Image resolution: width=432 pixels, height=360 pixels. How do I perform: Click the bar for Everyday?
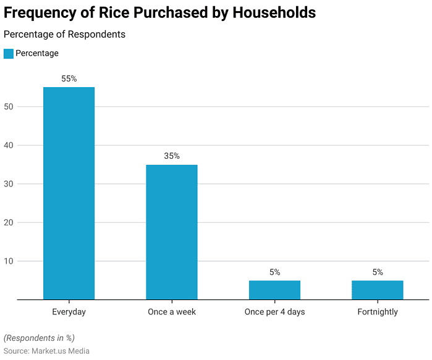tap(69, 193)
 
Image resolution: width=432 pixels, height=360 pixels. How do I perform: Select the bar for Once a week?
tap(172, 232)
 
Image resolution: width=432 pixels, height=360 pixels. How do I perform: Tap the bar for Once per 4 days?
tap(274, 290)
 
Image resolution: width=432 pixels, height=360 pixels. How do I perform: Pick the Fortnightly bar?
tap(378, 290)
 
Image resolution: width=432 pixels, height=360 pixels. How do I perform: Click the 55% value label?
tap(69, 79)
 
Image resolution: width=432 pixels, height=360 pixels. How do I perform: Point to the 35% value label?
tap(172, 156)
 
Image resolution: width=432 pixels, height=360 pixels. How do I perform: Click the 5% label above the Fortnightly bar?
tap(378, 272)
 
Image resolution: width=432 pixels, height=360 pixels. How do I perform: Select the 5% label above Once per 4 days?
tap(274, 272)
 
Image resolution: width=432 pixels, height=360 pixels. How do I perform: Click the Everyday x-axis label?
tap(69, 312)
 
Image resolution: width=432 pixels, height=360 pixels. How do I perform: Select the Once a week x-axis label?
tap(172, 312)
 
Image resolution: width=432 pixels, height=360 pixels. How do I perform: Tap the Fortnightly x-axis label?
tap(378, 312)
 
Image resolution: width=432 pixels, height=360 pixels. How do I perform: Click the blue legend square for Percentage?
tap(9, 54)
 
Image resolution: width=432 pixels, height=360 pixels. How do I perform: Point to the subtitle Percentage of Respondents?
tap(64, 35)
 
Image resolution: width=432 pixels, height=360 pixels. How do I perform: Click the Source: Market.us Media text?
tap(46, 351)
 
